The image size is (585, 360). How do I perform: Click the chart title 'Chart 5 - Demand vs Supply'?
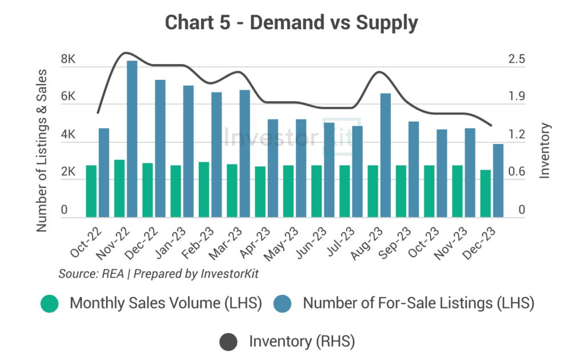coord(292,23)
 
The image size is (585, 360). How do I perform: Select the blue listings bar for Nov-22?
coord(132,139)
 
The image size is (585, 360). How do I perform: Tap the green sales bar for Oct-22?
coord(91,191)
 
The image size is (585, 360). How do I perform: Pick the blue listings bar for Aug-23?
coord(386,155)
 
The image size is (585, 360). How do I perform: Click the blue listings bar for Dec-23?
coord(498,180)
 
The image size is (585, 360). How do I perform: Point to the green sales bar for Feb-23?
coord(204,189)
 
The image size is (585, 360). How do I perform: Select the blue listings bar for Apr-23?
coord(273,168)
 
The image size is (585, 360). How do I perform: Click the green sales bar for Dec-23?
coord(486,193)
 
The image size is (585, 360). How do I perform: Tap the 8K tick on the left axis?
coord(69,60)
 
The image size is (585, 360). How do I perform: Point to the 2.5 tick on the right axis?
coord(516,60)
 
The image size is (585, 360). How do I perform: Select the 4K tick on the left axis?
coord(69,135)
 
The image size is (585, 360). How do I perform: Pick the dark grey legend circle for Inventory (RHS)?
coord(229,342)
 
